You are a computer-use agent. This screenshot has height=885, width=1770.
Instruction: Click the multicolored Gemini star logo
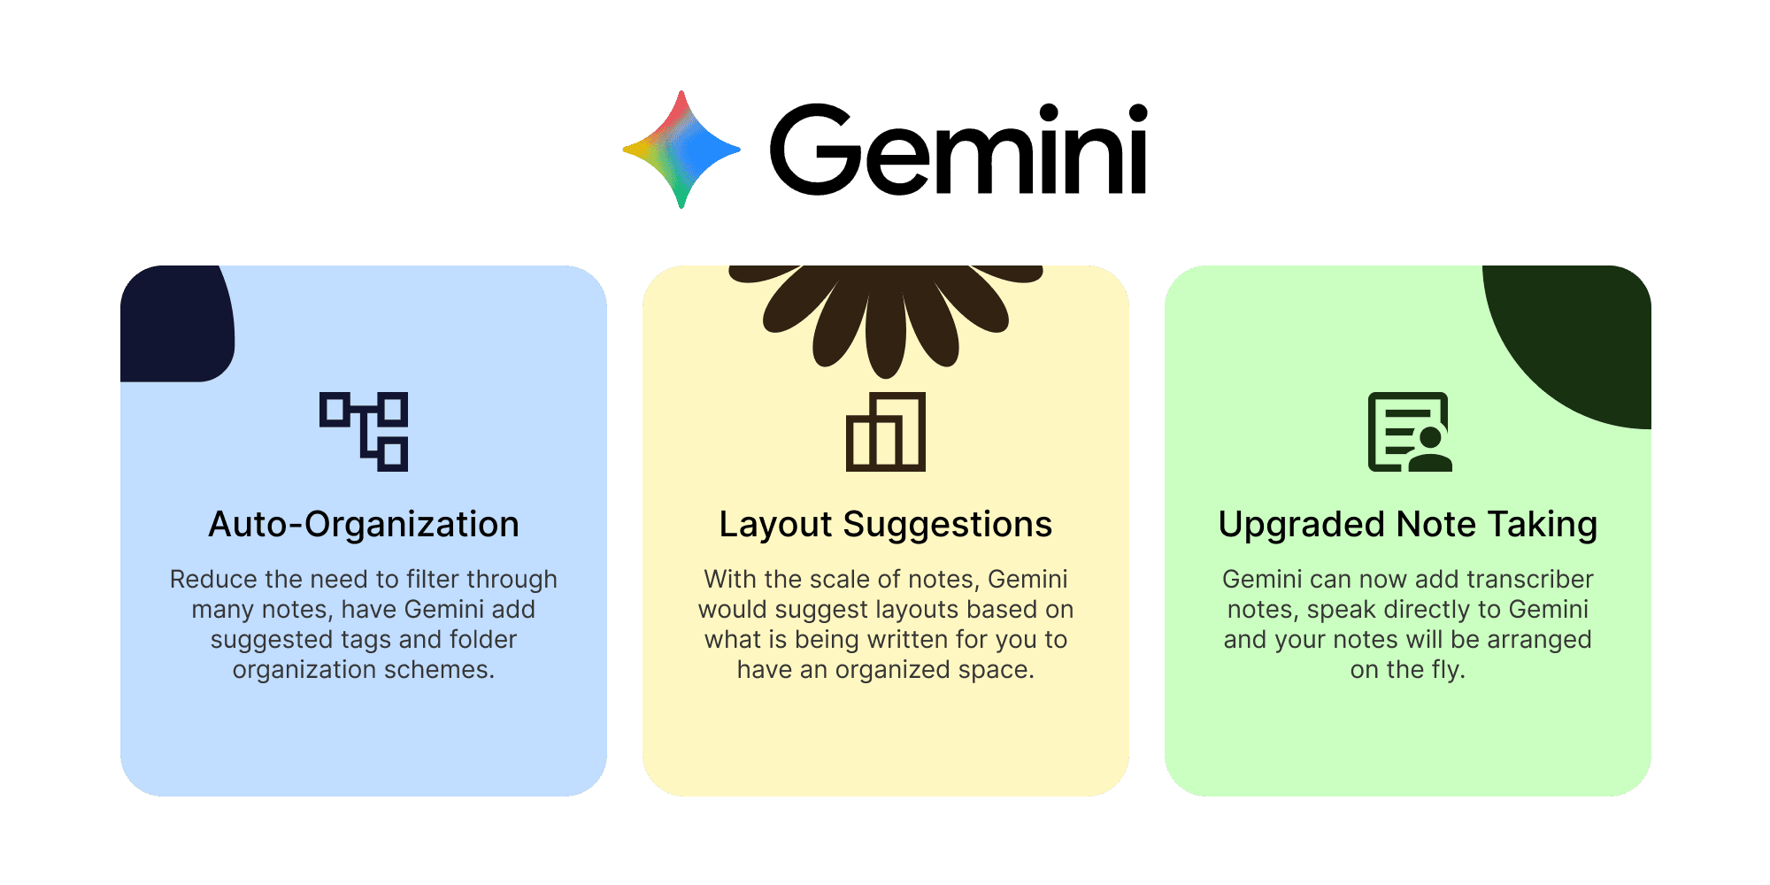[x=681, y=150]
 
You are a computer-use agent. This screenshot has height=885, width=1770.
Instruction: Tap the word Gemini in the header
[x=958, y=150]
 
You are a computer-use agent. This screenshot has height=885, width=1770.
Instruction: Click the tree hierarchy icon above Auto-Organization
[x=364, y=432]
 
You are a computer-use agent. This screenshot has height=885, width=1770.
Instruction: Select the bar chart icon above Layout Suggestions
[x=886, y=432]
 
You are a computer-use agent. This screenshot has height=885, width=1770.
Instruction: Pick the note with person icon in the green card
[x=1409, y=432]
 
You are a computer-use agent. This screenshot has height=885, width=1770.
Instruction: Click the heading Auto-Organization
[x=364, y=525]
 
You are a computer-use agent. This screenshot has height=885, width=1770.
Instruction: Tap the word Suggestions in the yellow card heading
[x=947, y=525]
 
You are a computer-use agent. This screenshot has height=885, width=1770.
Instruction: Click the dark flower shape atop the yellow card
[x=885, y=310]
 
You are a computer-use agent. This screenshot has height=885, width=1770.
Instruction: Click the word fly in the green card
[x=1447, y=670]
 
